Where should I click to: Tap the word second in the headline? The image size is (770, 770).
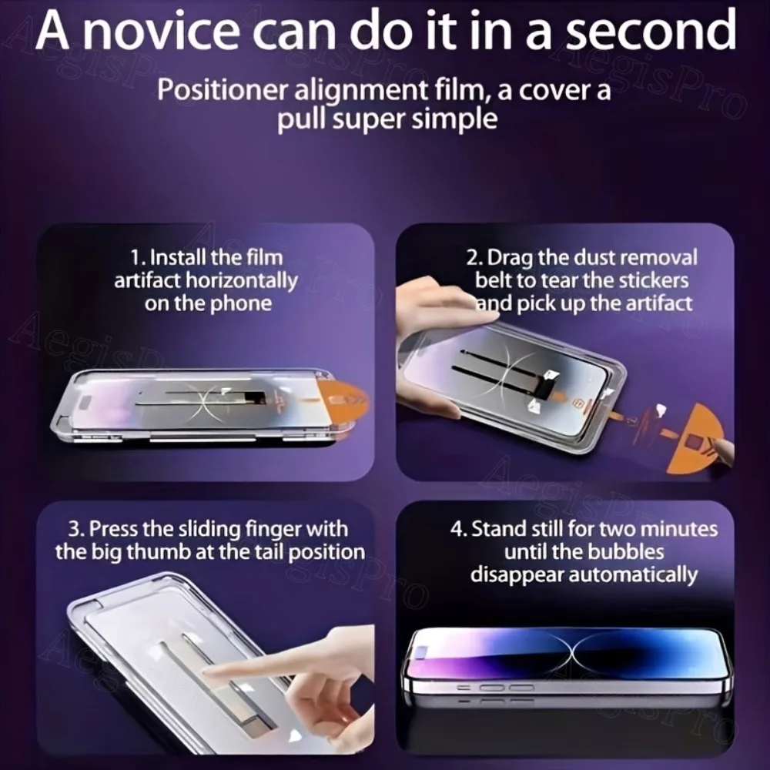(646, 31)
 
